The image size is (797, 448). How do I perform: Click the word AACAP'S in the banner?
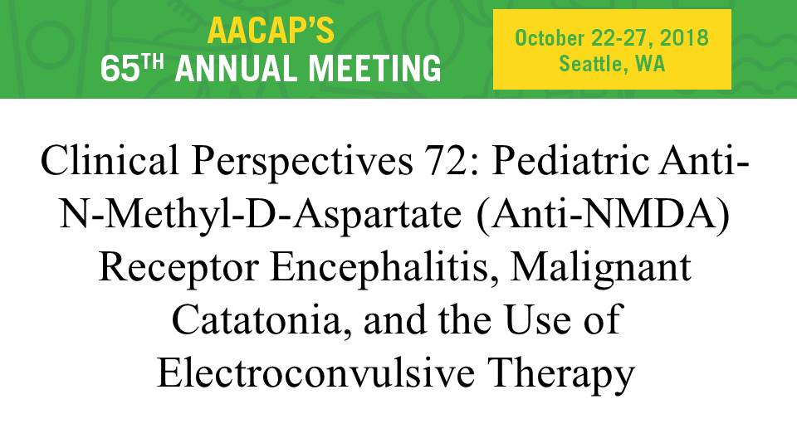click(271, 31)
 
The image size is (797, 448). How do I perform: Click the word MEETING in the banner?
click(375, 69)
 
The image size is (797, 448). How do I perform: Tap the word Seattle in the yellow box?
click(590, 64)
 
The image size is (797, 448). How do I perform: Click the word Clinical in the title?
click(110, 159)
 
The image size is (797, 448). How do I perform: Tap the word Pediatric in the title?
click(570, 159)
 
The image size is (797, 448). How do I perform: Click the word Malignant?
click(601, 269)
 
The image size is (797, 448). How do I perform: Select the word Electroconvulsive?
click(316, 373)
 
